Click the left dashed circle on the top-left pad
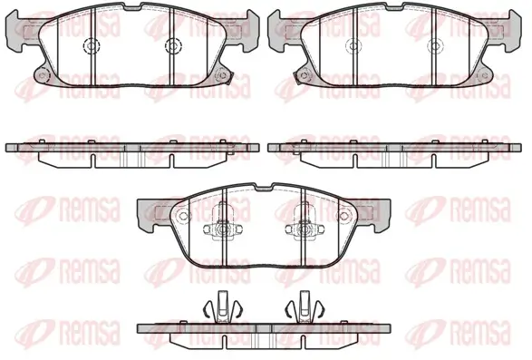click(x=92, y=45)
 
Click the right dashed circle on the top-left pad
click(x=173, y=45)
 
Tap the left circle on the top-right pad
click(x=353, y=45)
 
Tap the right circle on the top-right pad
click(x=435, y=45)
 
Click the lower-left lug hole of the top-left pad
click(x=42, y=75)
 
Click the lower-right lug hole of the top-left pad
click(x=222, y=74)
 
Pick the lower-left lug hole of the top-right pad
click(x=305, y=75)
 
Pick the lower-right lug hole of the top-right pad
click(x=484, y=75)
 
